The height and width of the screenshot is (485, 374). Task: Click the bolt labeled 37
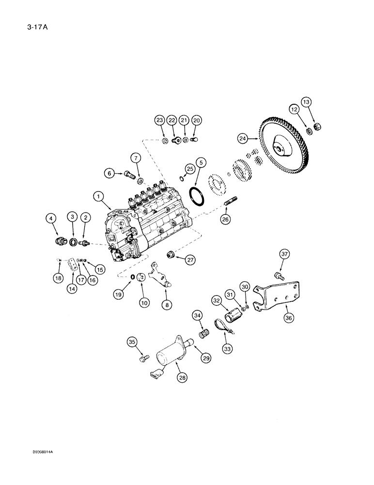(280, 275)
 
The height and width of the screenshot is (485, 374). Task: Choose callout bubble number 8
(167, 306)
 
